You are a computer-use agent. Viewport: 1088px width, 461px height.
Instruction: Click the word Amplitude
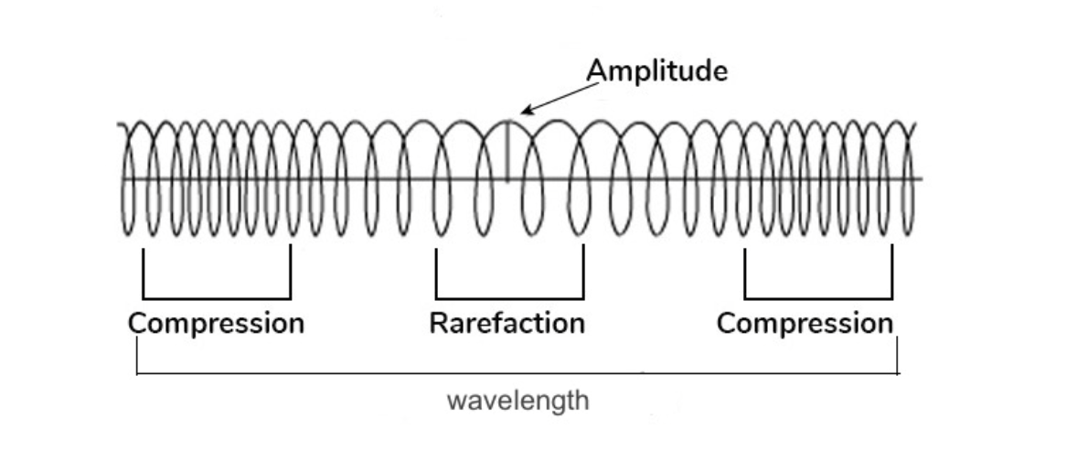coord(657,71)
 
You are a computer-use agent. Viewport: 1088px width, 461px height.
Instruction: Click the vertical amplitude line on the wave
coord(508,151)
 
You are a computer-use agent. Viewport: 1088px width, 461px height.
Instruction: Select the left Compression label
coord(216,323)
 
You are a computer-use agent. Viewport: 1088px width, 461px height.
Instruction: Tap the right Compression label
coord(805,323)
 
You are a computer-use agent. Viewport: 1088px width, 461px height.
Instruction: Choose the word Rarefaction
coord(507,323)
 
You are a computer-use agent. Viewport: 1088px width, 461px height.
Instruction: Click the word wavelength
coord(518,402)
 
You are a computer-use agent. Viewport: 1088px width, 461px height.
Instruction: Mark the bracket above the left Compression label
coord(217,297)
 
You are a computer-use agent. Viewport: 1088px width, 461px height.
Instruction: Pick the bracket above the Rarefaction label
coord(509,297)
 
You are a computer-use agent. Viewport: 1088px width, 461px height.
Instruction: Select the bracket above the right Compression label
coord(818,297)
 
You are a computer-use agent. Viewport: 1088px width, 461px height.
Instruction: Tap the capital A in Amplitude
coord(595,71)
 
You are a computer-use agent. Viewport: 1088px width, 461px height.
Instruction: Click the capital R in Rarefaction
coord(437,323)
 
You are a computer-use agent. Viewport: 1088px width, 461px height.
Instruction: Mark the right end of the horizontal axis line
coord(921,179)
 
